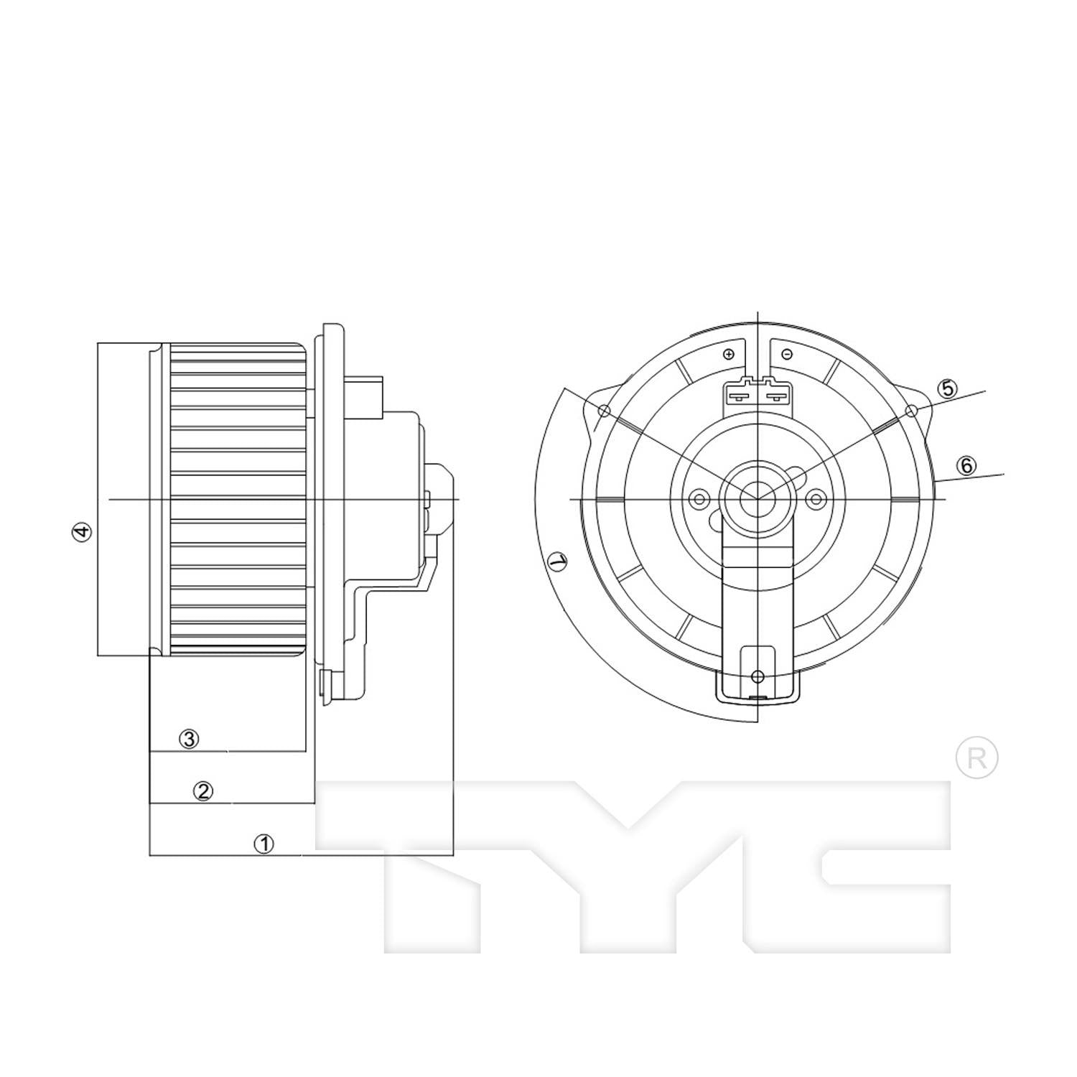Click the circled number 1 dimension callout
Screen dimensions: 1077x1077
tap(264, 844)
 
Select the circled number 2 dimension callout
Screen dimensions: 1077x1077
tap(203, 791)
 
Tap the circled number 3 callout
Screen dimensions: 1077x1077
tap(188, 739)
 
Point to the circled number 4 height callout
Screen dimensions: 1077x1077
tap(83, 532)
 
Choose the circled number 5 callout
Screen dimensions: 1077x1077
tap(948, 388)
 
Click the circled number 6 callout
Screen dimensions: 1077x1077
tap(966, 466)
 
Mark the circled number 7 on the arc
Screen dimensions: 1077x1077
tap(556, 561)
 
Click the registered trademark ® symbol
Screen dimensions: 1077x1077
tap(976, 757)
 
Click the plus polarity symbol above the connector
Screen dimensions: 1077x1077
tap(729, 355)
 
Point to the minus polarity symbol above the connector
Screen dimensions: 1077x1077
tap(787, 355)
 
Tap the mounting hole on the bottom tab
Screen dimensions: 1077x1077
tap(757, 676)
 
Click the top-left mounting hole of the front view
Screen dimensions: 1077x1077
tap(605, 411)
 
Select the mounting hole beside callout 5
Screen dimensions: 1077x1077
tap(912, 411)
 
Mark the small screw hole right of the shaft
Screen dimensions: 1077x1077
tap(816, 499)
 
